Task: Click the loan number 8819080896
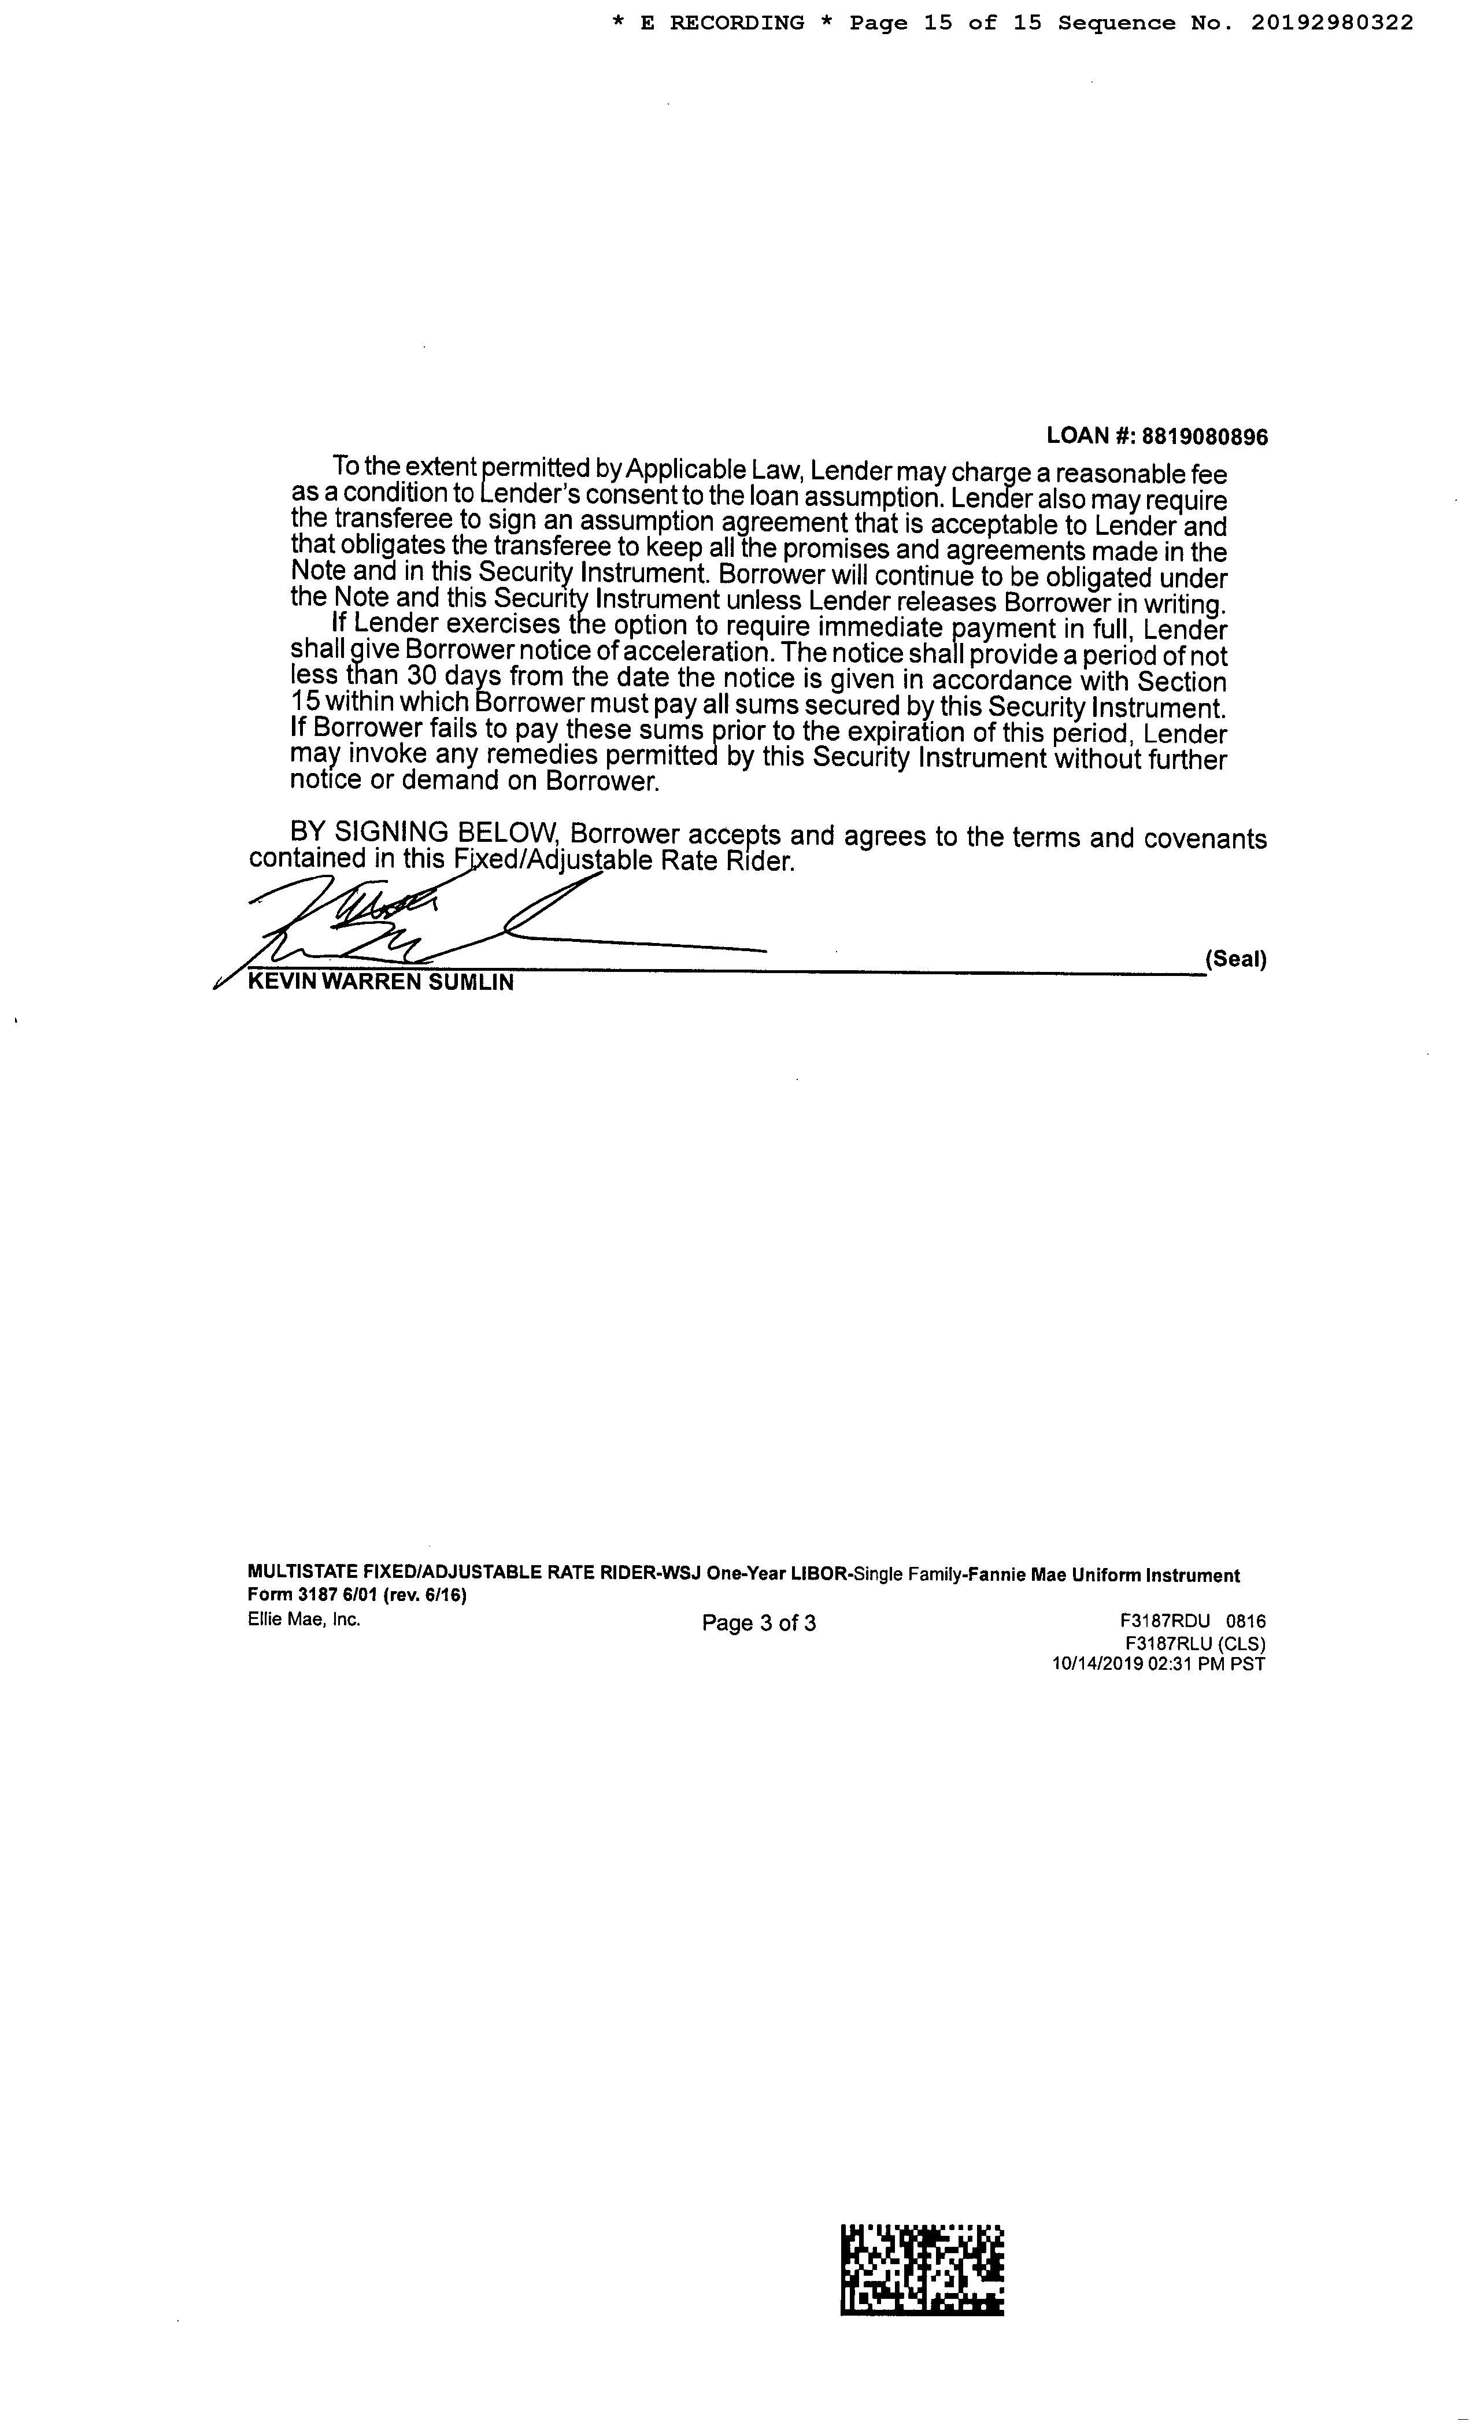[1205, 437]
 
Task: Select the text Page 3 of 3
[758, 1624]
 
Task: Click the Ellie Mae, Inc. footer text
[304, 1619]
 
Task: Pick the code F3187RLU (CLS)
[1194, 1643]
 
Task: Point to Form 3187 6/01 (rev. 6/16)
[357, 1596]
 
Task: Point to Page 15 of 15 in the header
[945, 23]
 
